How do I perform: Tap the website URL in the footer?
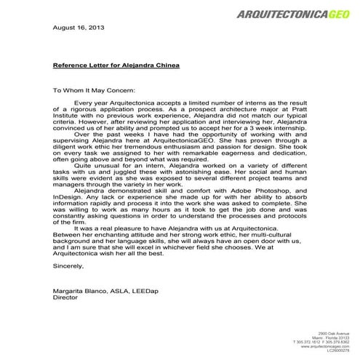tap(326, 346)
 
